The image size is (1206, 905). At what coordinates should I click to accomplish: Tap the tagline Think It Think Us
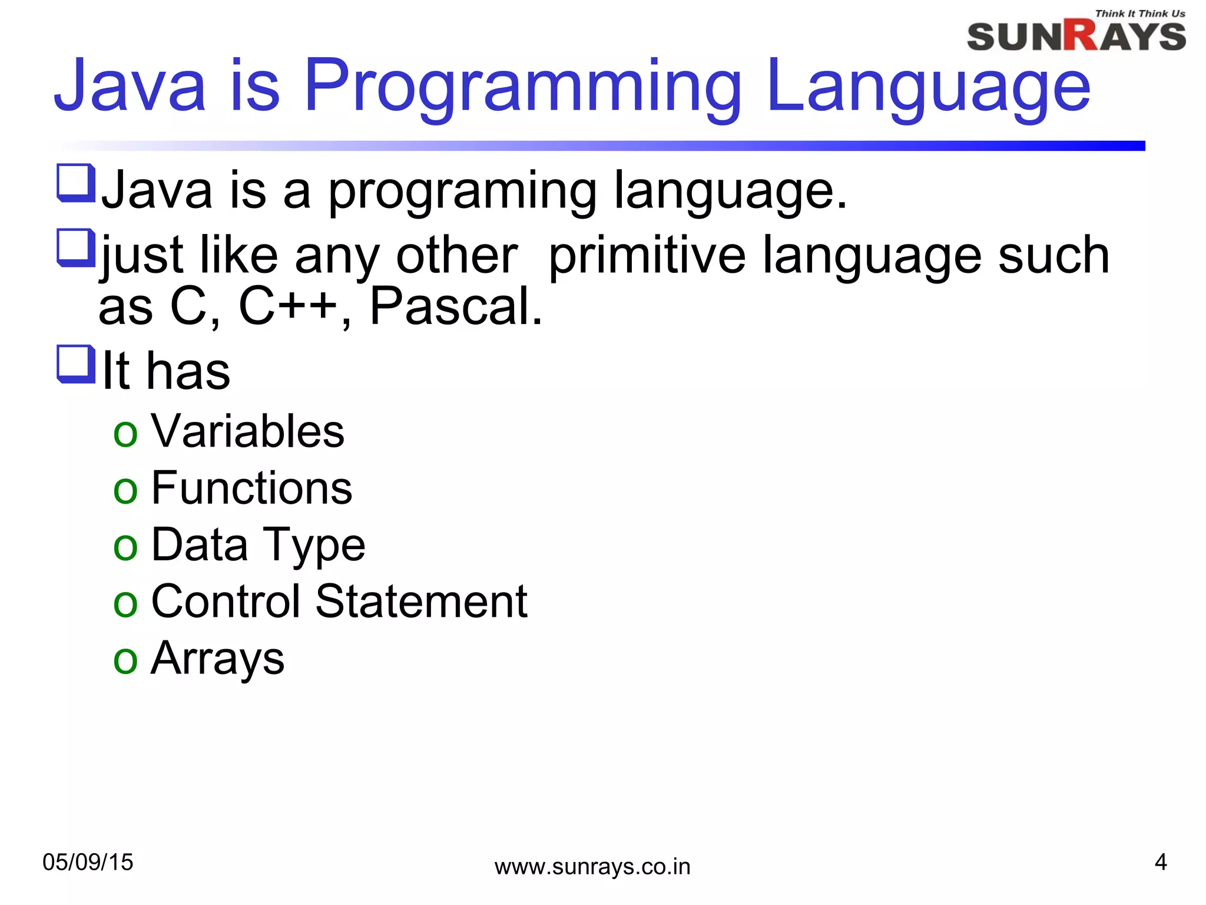coord(1139,13)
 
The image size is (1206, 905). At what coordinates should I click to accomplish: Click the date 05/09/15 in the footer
coord(88,862)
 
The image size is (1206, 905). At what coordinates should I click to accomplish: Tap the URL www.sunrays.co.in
coord(592,867)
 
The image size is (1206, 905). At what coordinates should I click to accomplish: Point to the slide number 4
coord(1160,862)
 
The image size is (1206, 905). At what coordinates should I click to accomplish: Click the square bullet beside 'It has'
coord(75,364)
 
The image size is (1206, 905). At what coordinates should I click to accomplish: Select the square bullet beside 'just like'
coord(75,247)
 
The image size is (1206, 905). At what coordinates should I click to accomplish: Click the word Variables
coord(247,431)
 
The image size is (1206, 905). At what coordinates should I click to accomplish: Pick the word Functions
coord(251,488)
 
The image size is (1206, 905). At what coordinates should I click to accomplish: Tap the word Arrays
coord(217,658)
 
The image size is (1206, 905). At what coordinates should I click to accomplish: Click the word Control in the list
coord(226,602)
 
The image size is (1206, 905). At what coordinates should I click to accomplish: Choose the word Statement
coord(421,602)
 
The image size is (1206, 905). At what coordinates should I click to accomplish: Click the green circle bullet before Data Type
coord(125,547)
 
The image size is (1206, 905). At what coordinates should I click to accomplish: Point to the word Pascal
coord(455,307)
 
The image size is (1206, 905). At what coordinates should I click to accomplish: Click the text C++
coord(287,307)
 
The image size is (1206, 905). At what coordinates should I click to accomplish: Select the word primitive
coord(647,256)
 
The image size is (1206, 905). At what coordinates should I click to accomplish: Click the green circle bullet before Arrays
coord(125,660)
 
